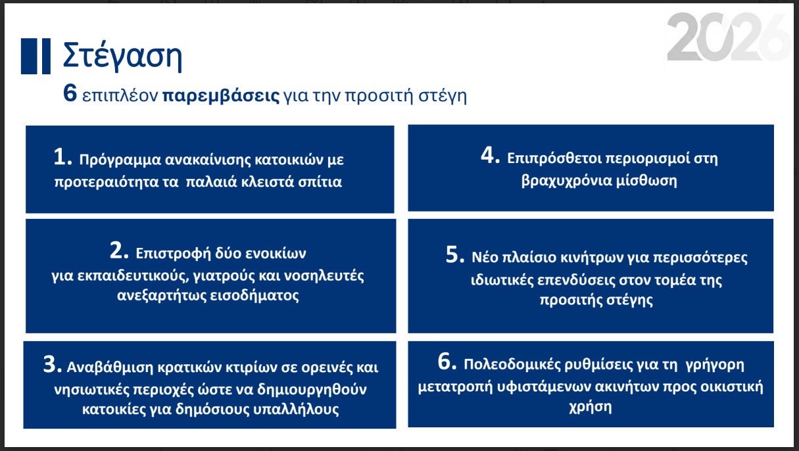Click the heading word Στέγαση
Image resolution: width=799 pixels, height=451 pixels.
coord(122,56)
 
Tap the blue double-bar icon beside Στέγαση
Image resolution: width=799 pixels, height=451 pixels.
coord(36,56)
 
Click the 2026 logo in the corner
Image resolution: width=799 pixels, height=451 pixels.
coord(728,38)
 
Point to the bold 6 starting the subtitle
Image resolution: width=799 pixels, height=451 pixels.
coord(70,95)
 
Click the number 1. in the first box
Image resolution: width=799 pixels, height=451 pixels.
coord(63,158)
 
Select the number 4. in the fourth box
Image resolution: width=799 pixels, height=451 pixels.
coord(491,157)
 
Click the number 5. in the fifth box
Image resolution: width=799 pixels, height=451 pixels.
coord(456,255)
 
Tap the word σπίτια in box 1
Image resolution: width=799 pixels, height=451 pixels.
coord(321,182)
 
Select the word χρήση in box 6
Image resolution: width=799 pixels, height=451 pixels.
coord(590,407)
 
